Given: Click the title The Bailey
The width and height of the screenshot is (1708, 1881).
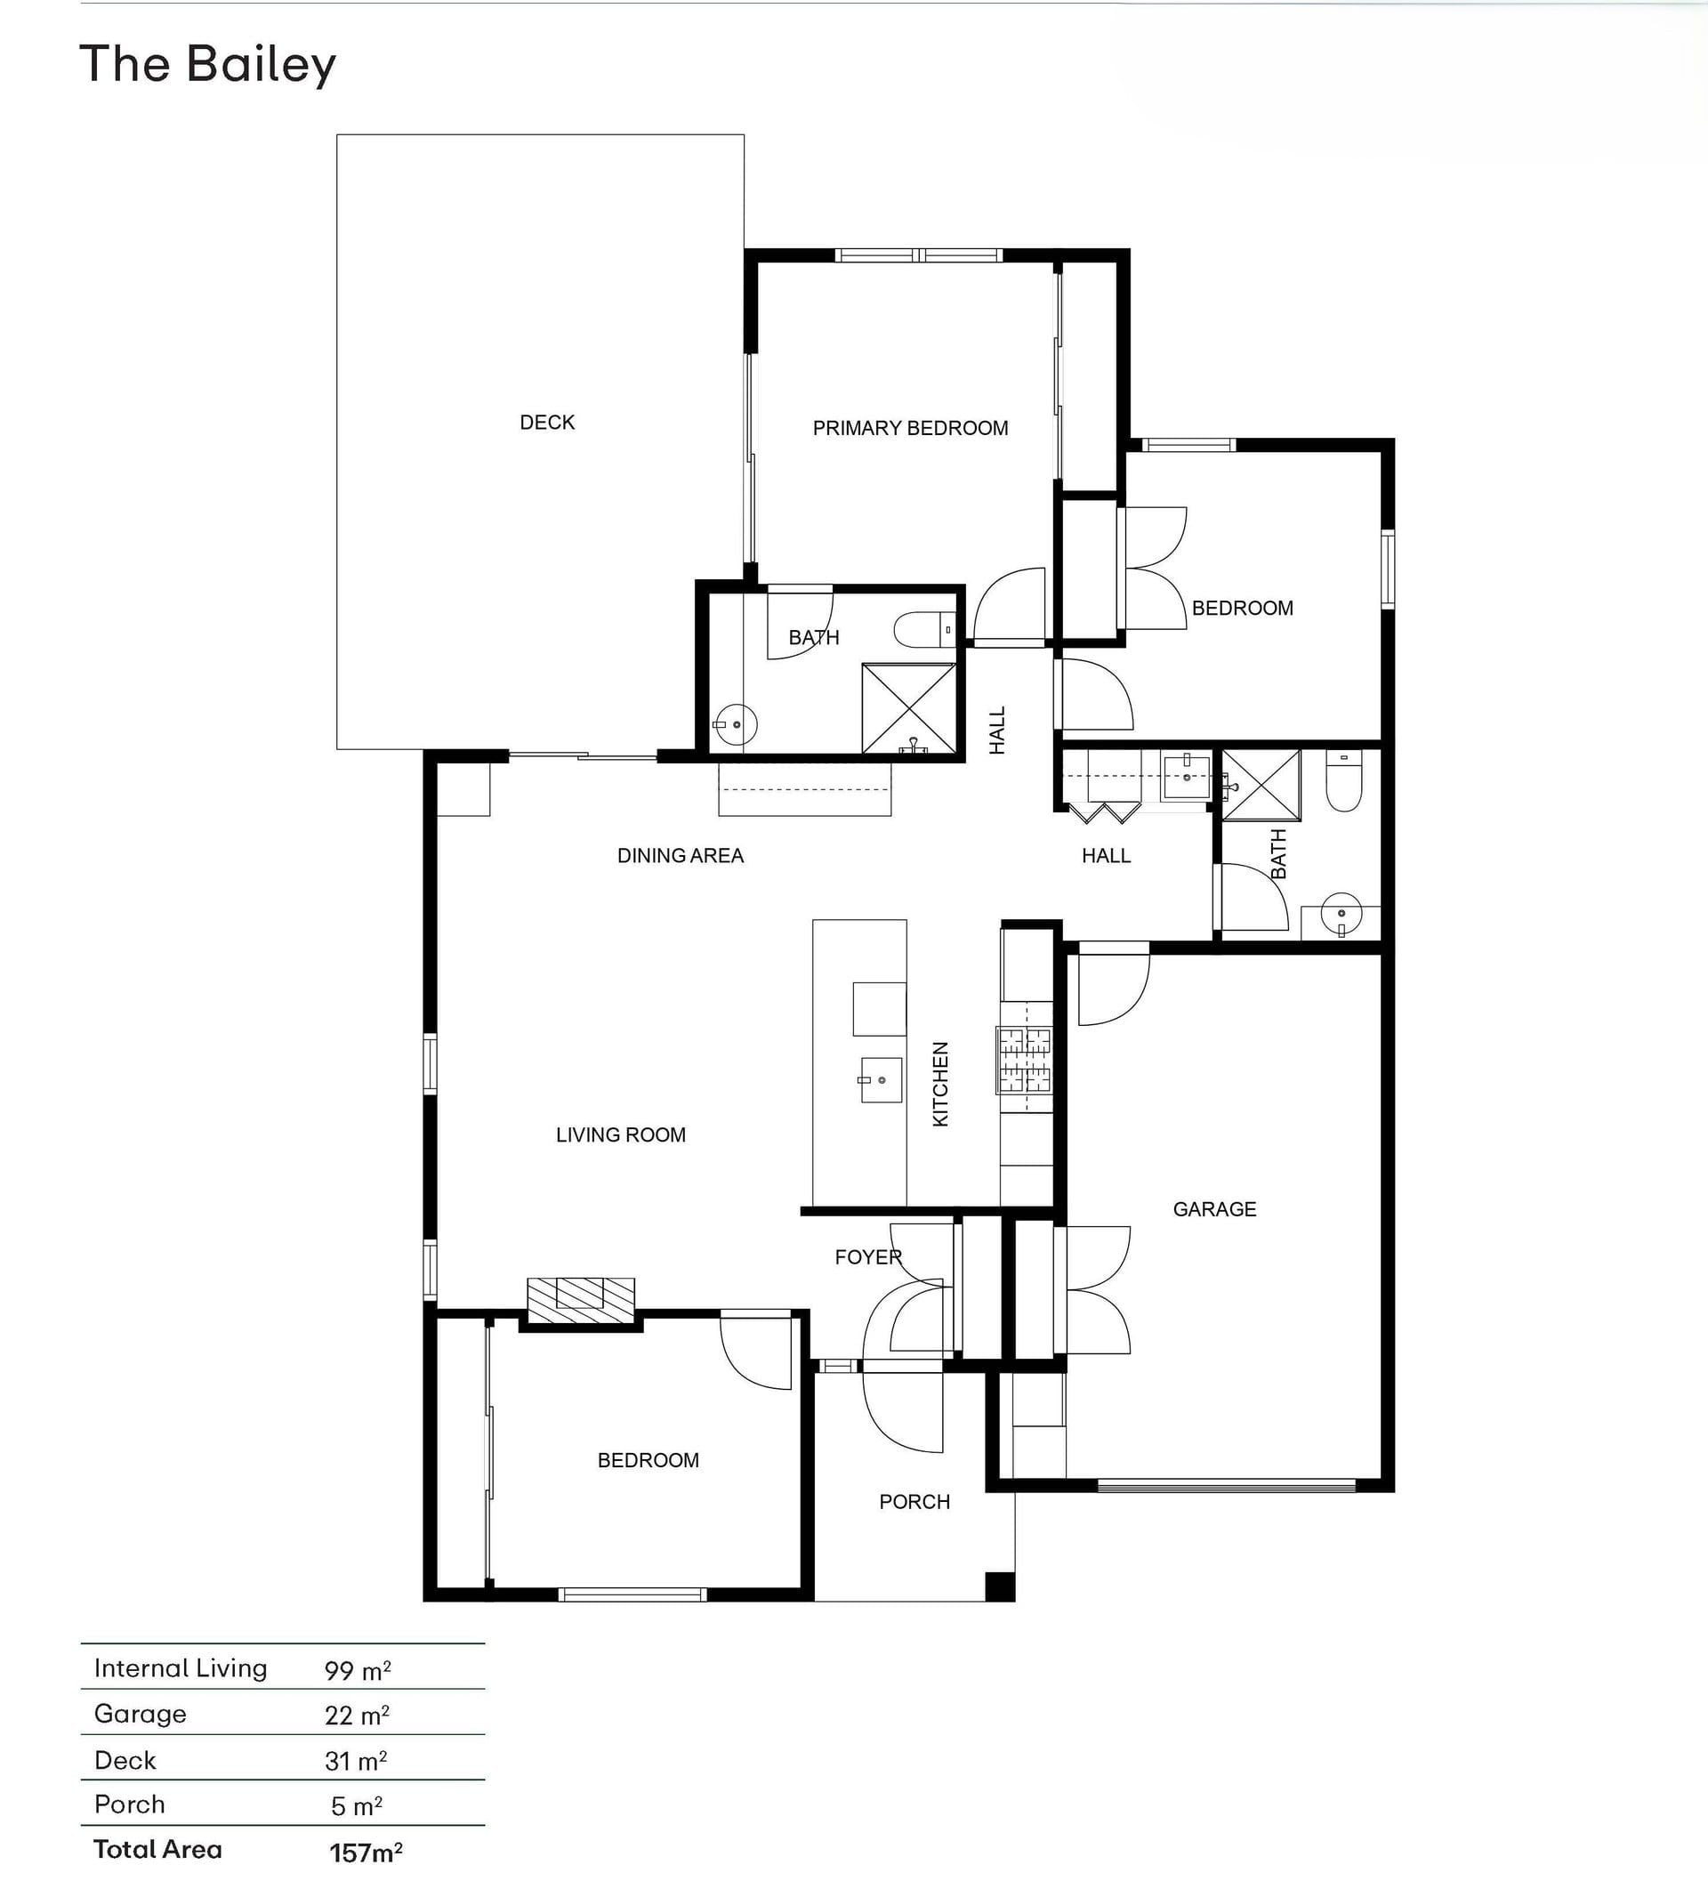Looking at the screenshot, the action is click(x=207, y=65).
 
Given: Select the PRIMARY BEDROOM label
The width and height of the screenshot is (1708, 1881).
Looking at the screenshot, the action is click(x=910, y=428).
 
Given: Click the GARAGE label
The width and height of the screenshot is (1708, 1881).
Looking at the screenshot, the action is click(x=1214, y=1209).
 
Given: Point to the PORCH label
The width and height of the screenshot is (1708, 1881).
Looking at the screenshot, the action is click(x=914, y=1502).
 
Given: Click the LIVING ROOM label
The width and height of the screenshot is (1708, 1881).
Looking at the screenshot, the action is click(x=620, y=1135).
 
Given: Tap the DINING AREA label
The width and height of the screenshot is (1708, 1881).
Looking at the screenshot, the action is click(x=680, y=856).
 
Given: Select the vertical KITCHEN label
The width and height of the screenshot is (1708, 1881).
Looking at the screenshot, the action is click(x=940, y=1084).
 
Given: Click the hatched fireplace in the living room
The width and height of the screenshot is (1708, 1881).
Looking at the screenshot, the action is click(x=581, y=1300).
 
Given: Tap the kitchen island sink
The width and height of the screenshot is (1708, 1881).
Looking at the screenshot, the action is click(x=881, y=1079).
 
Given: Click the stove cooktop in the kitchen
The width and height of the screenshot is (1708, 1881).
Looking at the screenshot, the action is click(x=1025, y=1060).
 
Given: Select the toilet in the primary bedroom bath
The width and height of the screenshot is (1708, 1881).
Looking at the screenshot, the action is click(x=924, y=630).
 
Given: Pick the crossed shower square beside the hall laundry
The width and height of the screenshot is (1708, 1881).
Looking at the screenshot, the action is click(x=1261, y=786).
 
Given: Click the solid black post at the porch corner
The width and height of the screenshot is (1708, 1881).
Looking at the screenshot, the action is click(x=1000, y=1587).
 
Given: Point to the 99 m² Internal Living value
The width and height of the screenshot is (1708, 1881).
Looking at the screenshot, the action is click(x=358, y=1670).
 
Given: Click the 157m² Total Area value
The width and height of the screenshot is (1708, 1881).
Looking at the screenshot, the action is click(x=366, y=1852).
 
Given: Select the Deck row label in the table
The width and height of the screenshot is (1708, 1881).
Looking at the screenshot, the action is click(x=125, y=1761).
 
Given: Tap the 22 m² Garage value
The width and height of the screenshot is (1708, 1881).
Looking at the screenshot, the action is click(x=358, y=1715).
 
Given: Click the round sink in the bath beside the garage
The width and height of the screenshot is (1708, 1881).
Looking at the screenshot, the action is click(x=1341, y=914).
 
